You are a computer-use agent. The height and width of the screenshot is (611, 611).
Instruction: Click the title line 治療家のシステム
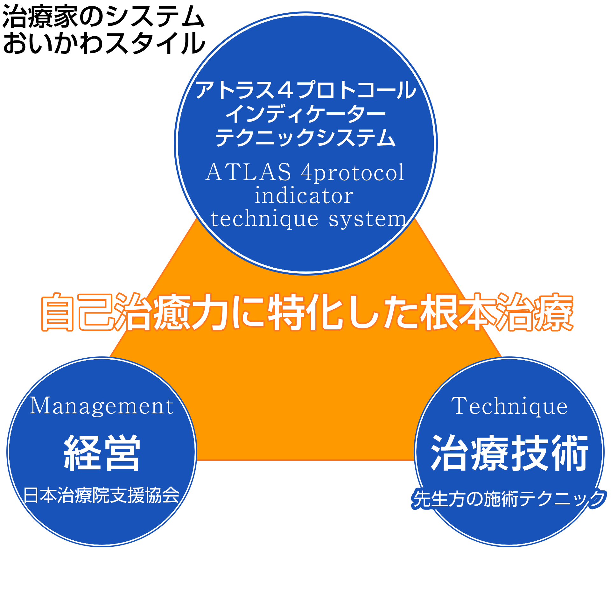coord(103,17)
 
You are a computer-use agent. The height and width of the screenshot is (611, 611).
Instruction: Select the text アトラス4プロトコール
coord(305,90)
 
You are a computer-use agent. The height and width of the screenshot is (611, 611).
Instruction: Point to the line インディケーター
coord(305,114)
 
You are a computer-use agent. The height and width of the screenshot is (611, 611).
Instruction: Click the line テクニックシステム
coord(305,137)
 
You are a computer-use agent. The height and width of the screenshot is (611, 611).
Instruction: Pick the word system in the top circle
coord(367,220)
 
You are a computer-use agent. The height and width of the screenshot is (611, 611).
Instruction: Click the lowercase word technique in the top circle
coord(264,220)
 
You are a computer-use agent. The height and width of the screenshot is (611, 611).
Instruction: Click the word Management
coord(102,406)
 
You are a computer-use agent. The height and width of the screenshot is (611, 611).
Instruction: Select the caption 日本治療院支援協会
coord(101,495)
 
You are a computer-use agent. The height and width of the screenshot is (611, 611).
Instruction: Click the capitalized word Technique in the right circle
coord(509,406)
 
